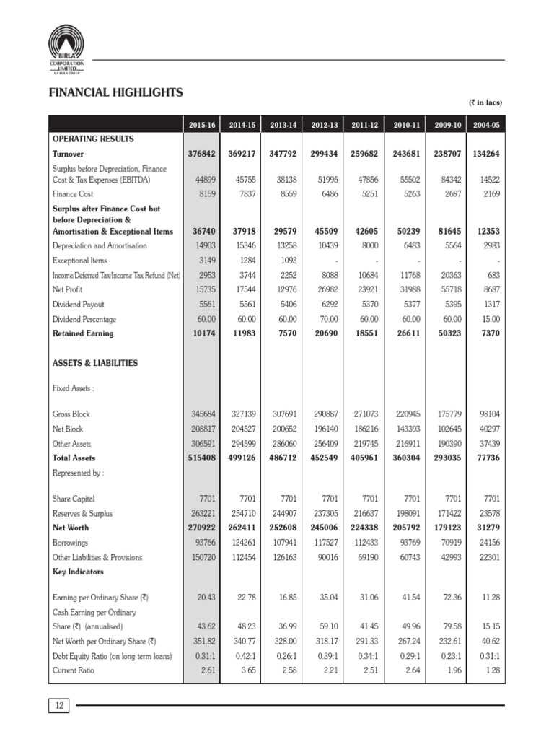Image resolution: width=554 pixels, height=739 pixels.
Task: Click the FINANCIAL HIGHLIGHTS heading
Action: pos(115,92)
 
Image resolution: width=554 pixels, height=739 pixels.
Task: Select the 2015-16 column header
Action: pos(202,125)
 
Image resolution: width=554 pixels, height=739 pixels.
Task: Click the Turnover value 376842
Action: pos(201,154)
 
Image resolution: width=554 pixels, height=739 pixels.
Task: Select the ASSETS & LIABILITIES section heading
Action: pos(94,363)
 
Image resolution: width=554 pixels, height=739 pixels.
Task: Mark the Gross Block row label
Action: pos(71,414)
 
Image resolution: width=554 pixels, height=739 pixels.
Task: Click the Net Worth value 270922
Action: pos(201,528)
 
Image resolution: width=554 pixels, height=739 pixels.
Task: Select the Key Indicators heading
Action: pos(78,572)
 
